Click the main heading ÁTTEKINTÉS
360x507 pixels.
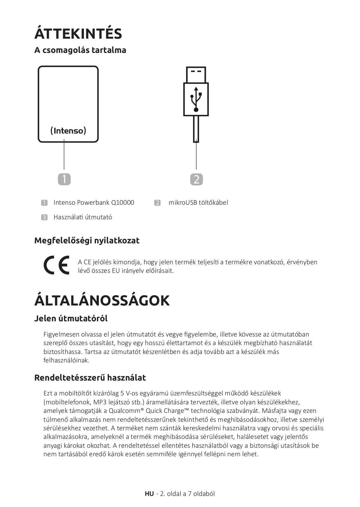coord(78,34)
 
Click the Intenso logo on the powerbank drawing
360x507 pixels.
coord(68,131)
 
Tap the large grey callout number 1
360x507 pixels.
coord(64,179)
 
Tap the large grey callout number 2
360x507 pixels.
coord(196,179)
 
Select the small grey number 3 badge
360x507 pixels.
coord(44,217)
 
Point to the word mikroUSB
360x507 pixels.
coord(182,202)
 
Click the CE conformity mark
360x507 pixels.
coord(56,266)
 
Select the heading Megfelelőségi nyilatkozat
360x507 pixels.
coord(87,241)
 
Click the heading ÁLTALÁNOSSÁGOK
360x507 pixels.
coord(102,300)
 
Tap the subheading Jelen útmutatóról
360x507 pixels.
coord(71,318)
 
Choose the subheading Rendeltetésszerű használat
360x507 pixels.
coord(90,378)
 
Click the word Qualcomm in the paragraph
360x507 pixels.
coord(126,411)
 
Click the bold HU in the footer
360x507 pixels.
coord(149,494)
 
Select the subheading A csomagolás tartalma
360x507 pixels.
coord(80,50)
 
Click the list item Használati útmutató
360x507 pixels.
coord(83,217)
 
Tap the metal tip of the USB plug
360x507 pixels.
coord(196,74)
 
